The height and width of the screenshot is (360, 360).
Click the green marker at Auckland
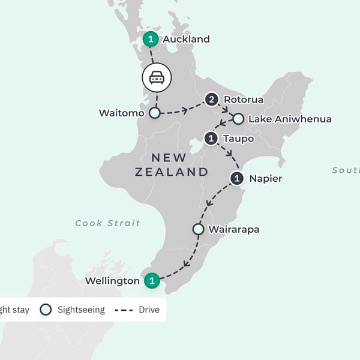click(x=151, y=40)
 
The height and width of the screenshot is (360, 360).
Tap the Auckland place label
click(x=187, y=40)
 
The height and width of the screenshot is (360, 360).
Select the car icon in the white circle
click(x=157, y=77)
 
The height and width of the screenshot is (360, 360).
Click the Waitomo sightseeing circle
click(x=155, y=113)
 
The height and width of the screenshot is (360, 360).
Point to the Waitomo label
click(x=122, y=113)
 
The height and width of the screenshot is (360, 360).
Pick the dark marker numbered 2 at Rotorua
click(x=211, y=99)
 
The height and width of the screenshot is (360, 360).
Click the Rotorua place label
click(x=243, y=99)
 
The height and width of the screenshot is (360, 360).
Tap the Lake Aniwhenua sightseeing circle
click(x=238, y=119)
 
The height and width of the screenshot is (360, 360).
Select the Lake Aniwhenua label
click(x=290, y=119)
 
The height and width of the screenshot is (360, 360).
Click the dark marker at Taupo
click(x=211, y=139)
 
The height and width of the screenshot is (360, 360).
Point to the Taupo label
click(x=238, y=139)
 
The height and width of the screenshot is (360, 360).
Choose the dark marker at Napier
click(x=238, y=178)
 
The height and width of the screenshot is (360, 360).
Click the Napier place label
click(x=265, y=178)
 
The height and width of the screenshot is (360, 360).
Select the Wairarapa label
click(x=234, y=229)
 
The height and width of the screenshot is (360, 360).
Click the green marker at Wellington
click(x=152, y=280)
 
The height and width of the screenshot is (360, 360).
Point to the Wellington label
click(x=113, y=280)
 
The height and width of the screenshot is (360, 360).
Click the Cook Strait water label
click(x=108, y=223)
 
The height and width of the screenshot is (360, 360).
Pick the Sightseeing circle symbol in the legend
click(x=46, y=310)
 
